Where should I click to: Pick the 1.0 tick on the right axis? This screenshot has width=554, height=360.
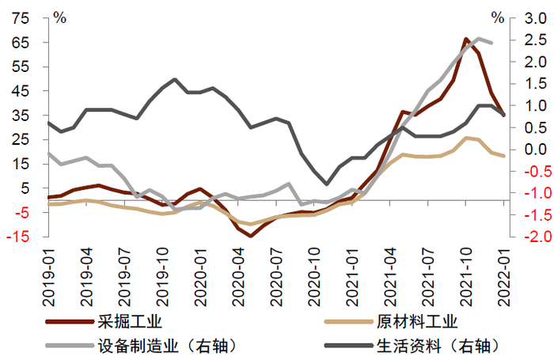531,105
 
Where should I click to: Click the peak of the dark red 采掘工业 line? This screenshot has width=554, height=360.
467,39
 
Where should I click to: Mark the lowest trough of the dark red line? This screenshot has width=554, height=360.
251,236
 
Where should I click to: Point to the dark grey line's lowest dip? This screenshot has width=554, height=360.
327,184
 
